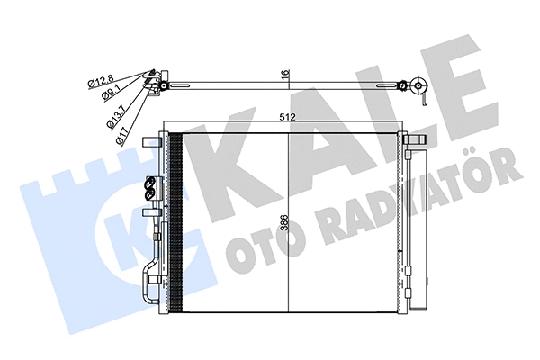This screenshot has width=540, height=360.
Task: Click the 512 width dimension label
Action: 287,115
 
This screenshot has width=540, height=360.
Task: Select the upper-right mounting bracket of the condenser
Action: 416,141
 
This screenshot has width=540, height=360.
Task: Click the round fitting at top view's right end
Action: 418,87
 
